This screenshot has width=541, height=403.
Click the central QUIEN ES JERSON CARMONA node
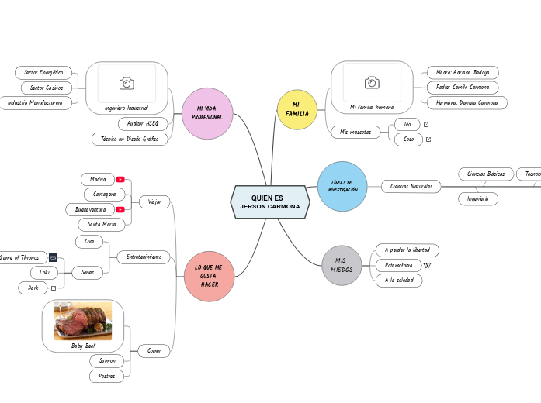[x=270, y=202]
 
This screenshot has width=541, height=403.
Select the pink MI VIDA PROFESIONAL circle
[x=207, y=113]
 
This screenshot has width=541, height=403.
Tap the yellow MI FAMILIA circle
[x=297, y=109]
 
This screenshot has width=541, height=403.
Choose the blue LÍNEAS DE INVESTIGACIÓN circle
[x=342, y=186]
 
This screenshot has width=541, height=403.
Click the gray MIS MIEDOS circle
[x=342, y=265]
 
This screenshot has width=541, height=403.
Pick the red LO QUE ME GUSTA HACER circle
[x=209, y=276]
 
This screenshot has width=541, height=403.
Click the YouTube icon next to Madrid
[x=120, y=179]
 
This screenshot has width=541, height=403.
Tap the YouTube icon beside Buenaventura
[x=120, y=209]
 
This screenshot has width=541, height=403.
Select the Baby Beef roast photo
[x=83, y=321]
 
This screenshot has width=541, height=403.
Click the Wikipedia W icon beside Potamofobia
[x=426, y=266]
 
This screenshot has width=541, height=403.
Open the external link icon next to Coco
[x=428, y=139]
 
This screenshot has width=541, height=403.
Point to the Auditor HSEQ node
[x=142, y=123]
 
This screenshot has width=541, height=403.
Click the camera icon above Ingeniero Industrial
[x=126, y=83]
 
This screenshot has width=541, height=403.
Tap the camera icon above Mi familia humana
[x=372, y=82]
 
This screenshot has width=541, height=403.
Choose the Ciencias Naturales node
[x=411, y=186]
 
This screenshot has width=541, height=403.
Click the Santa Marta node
[x=102, y=224]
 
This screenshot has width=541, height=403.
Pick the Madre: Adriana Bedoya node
[x=462, y=72]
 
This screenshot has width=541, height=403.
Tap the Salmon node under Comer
[x=107, y=360]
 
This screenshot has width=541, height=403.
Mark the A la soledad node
[x=399, y=281]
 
